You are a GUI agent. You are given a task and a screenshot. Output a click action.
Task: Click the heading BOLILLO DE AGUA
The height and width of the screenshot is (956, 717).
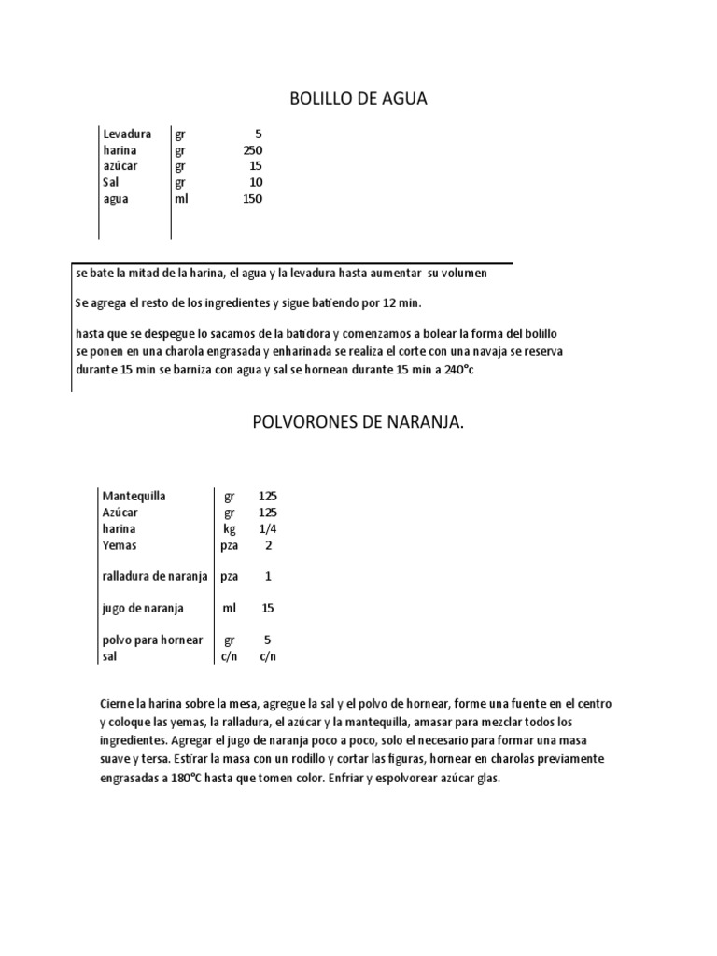(358, 99)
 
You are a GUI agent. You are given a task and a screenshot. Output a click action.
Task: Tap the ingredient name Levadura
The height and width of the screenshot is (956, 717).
(127, 134)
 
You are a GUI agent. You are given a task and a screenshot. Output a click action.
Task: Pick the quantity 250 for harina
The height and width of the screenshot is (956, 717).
(252, 150)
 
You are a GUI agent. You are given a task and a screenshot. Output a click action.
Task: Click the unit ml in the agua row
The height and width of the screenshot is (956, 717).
(180, 199)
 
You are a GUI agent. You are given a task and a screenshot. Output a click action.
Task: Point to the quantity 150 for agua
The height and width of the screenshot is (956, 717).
(252, 199)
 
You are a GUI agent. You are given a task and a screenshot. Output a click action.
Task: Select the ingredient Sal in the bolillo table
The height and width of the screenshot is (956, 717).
(111, 182)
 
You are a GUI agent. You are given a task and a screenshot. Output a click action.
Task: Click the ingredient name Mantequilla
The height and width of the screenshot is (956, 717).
(134, 496)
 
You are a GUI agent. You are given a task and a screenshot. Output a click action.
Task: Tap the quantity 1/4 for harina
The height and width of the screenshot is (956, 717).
(268, 528)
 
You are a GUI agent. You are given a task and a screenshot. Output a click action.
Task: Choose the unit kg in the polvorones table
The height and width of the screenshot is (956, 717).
(230, 528)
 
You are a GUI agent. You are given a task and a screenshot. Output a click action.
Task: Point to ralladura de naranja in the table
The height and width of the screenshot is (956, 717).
(155, 576)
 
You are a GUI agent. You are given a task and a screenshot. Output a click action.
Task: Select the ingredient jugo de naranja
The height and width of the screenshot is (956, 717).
(143, 608)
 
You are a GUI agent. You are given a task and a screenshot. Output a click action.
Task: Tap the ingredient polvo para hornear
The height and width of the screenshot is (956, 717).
(152, 640)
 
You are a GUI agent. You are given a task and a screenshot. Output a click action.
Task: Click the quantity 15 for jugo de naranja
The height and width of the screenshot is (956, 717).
(268, 608)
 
